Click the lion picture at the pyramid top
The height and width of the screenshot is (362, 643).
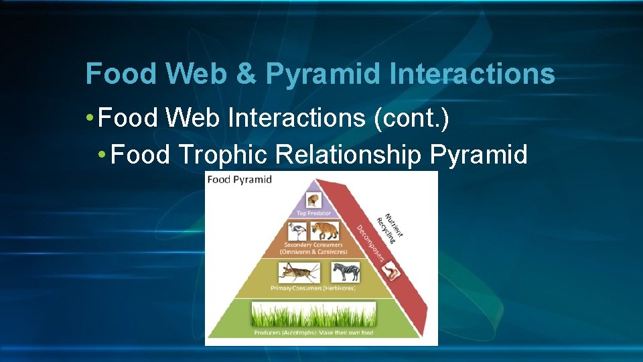pos(313,200)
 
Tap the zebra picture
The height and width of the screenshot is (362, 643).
pos(346,271)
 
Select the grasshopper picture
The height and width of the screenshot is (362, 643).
pos(299,271)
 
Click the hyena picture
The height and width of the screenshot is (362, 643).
pos(325,232)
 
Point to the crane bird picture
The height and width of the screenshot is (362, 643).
pos(297,232)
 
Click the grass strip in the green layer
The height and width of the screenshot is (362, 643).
pos(313,314)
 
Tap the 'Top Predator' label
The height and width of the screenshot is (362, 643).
pos(313,213)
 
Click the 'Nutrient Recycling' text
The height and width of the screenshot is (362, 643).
pos(390,226)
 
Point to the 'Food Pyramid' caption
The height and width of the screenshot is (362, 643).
pos(240,180)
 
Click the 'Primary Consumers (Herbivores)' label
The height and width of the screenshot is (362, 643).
pos(313,288)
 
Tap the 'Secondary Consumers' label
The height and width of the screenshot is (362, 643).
pos(313,245)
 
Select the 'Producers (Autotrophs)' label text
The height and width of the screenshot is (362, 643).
pos(313,332)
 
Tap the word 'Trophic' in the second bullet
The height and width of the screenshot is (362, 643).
pos(224,155)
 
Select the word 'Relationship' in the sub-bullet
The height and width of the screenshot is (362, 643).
pos(348,155)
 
